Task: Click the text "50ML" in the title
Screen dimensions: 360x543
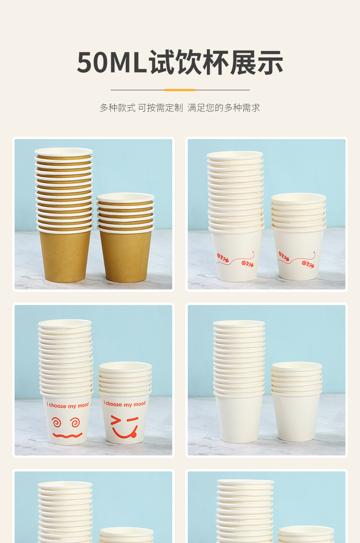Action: [111, 62]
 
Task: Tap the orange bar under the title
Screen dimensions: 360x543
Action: [180, 90]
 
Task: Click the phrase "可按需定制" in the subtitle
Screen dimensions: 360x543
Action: [160, 108]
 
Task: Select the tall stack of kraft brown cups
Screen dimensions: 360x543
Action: [64, 215]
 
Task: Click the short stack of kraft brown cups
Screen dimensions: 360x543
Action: [125, 237]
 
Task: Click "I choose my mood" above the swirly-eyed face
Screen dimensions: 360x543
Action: [68, 405]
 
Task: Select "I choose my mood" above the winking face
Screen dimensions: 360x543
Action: [124, 404]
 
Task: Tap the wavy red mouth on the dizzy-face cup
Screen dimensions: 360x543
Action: [67, 435]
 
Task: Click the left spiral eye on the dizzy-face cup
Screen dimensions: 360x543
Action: [57, 422]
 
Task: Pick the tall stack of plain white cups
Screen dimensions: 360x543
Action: [239, 381]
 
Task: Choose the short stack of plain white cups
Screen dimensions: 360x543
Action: [296, 402]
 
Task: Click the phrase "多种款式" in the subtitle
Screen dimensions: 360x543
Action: [118, 108]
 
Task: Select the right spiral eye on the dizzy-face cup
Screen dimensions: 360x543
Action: [75, 422]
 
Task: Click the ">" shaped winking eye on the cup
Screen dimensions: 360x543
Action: [116, 420]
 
